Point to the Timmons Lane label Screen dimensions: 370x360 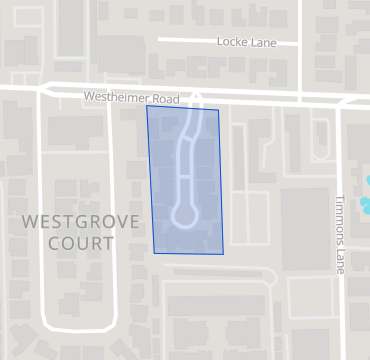(x=340, y=234)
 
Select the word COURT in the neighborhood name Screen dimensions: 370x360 (x=67, y=242)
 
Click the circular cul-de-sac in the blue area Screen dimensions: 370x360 (x=184, y=214)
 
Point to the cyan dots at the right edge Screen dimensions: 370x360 (x=366, y=199)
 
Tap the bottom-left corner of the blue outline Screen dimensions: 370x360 (x=155, y=252)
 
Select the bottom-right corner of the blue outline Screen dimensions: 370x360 (x=222, y=254)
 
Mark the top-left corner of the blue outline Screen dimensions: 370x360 (x=147, y=106)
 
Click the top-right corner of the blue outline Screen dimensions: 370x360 (x=218, y=109)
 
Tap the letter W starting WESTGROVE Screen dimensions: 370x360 (x=27, y=220)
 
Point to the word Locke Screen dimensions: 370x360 (x=231, y=41)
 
